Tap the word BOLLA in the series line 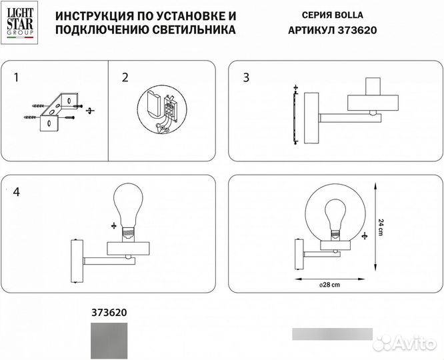pos(351,15)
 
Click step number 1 pos(16,77)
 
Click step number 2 pos(125,77)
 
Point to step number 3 pos(246,77)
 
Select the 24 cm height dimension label pos(381,225)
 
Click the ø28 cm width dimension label pos(331,285)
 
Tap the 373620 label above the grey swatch pos(108,311)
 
